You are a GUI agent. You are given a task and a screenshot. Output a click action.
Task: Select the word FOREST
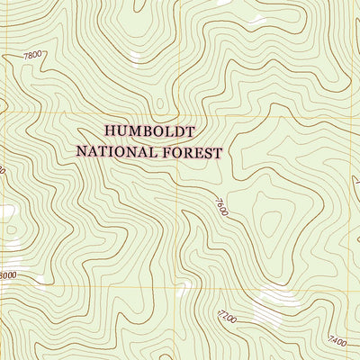pos(189,152)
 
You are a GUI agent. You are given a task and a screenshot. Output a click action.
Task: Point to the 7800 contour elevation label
pos(32,56)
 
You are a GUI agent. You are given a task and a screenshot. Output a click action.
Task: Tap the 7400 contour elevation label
pos(337,341)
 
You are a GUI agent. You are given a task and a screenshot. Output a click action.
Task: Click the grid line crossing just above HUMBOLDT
pos(175,115)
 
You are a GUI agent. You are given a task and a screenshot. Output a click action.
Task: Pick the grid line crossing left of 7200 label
pos(175,287)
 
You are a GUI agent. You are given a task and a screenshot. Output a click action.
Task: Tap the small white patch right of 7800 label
pos(136,59)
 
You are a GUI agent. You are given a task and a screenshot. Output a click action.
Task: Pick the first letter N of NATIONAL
pos(81,152)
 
